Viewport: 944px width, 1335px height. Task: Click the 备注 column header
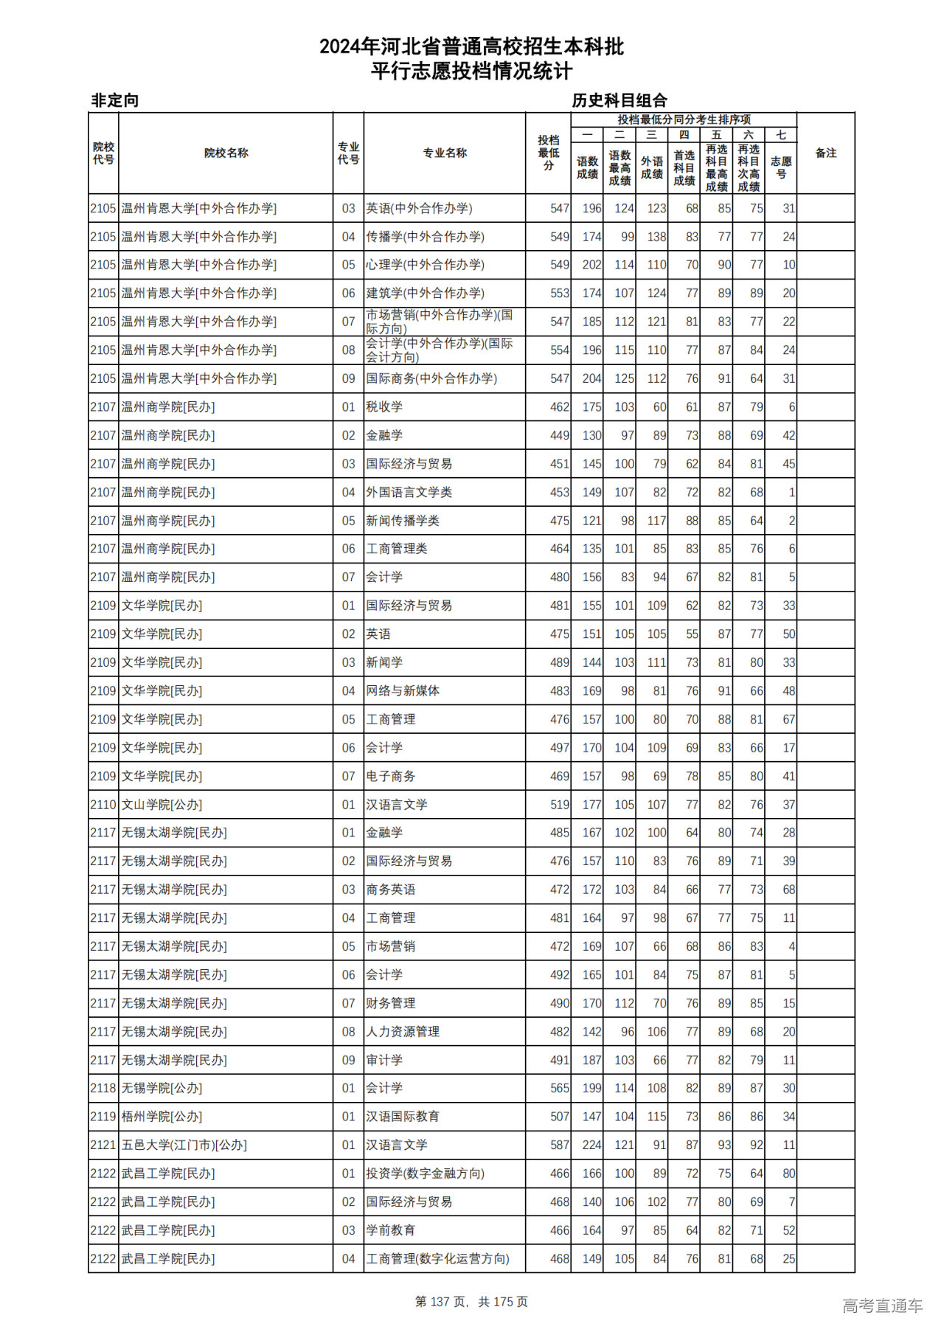coord(825,153)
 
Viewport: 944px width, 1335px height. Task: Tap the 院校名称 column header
coord(226,153)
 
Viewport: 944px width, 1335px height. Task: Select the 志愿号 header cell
coord(780,167)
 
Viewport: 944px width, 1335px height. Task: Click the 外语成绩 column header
coord(651,167)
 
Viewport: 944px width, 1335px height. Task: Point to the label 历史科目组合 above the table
coord(619,100)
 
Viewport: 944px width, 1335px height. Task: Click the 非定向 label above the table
coord(115,100)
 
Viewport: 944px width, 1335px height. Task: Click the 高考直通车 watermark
coord(882,1305)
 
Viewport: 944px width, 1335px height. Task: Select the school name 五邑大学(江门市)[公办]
coord(184,1145)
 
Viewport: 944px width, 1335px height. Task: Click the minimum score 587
coord(560,1145)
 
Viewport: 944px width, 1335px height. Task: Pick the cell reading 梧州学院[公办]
coord(162,1117)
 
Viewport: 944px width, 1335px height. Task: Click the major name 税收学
coord(384,407)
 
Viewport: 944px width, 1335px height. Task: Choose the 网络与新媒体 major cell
coord(403,691)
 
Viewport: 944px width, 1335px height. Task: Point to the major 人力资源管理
coord(403,1032)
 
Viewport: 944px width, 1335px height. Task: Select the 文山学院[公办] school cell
coord(162,805)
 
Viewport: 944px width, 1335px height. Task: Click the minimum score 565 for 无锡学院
coord(560,1088)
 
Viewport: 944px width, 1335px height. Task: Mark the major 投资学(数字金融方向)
coord(426,1173)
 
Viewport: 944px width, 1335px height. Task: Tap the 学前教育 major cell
coord(391,1230)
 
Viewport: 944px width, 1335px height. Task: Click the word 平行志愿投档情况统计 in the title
coord(471,72)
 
